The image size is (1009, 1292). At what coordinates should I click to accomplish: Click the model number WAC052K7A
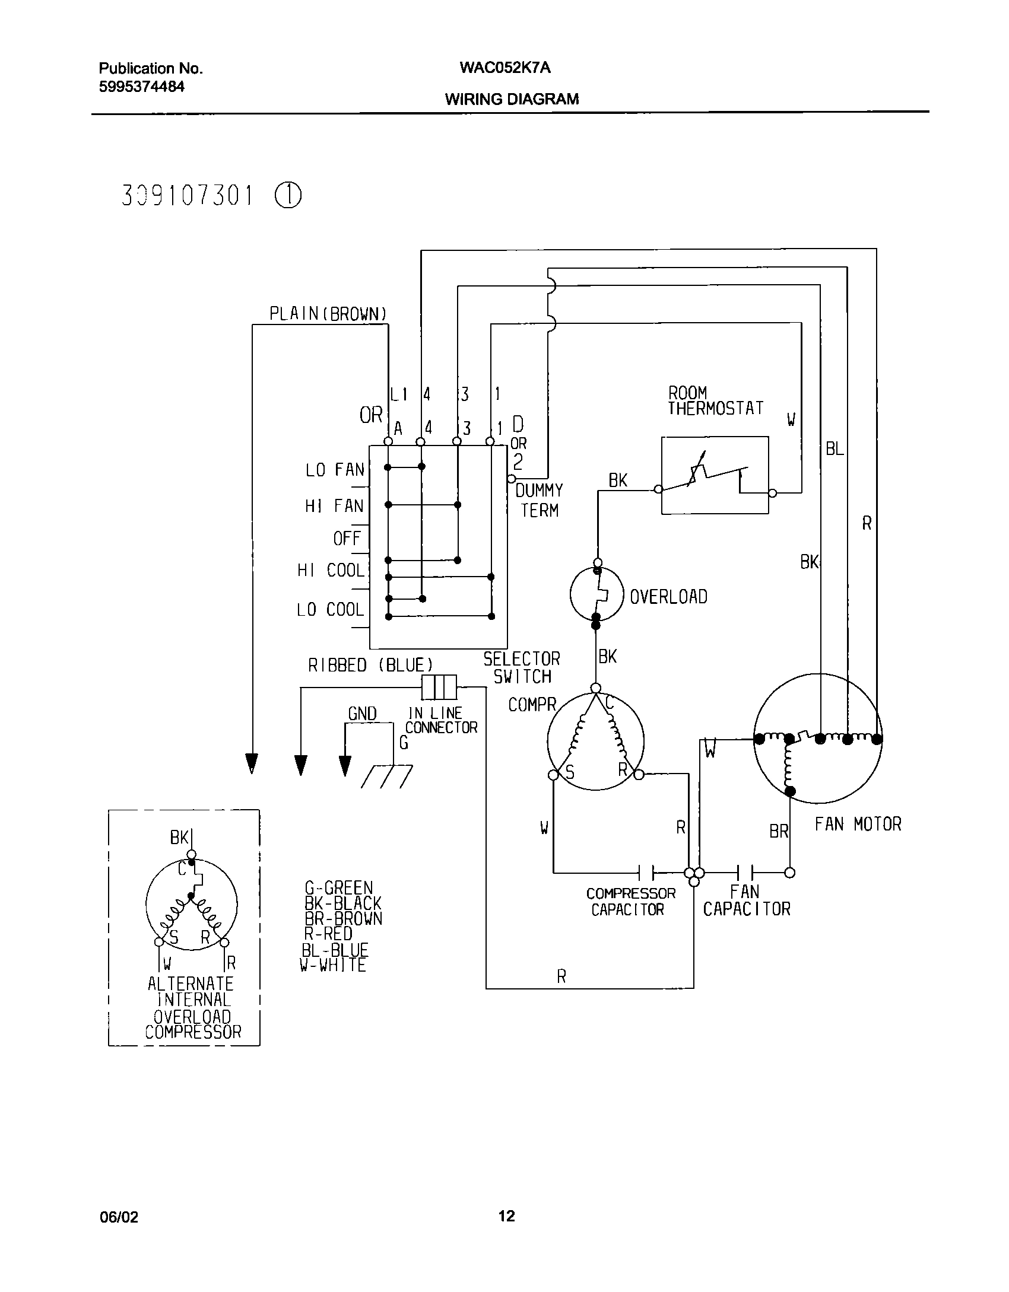(x=504, y=68)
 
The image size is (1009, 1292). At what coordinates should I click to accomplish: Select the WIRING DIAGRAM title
(x=512, y=99)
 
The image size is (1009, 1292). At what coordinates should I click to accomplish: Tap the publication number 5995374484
(x=141, y=87)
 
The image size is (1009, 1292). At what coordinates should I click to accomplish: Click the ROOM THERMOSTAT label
(x=715, y=401)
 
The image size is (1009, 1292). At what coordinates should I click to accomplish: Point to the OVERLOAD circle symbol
(x=596, y=594)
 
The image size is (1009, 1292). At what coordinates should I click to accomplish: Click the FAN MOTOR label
(x=858, y=824)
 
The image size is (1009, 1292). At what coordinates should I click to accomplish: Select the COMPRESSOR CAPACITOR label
(x=630, y=901)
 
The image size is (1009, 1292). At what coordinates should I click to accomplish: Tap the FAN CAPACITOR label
(x=747, y=900)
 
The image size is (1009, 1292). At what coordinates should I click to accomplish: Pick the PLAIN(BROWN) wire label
(x=328, y=314)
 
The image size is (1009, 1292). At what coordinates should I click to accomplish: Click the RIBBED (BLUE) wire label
(x=370, y=666)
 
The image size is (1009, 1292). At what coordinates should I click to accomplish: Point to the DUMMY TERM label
(x=539, y=500)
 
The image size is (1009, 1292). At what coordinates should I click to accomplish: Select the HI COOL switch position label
(x=331, y=571)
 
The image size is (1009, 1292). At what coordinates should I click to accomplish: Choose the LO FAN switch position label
(x=335, y=470)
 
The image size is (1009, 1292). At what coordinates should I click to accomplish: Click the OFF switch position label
(x=347, y=539)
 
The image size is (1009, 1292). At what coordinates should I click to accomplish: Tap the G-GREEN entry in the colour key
(x=338, y=888)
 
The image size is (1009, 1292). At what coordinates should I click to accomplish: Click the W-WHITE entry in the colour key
(x=333, y=965)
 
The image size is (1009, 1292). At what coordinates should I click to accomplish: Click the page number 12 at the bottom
(x=506, y=1216)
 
